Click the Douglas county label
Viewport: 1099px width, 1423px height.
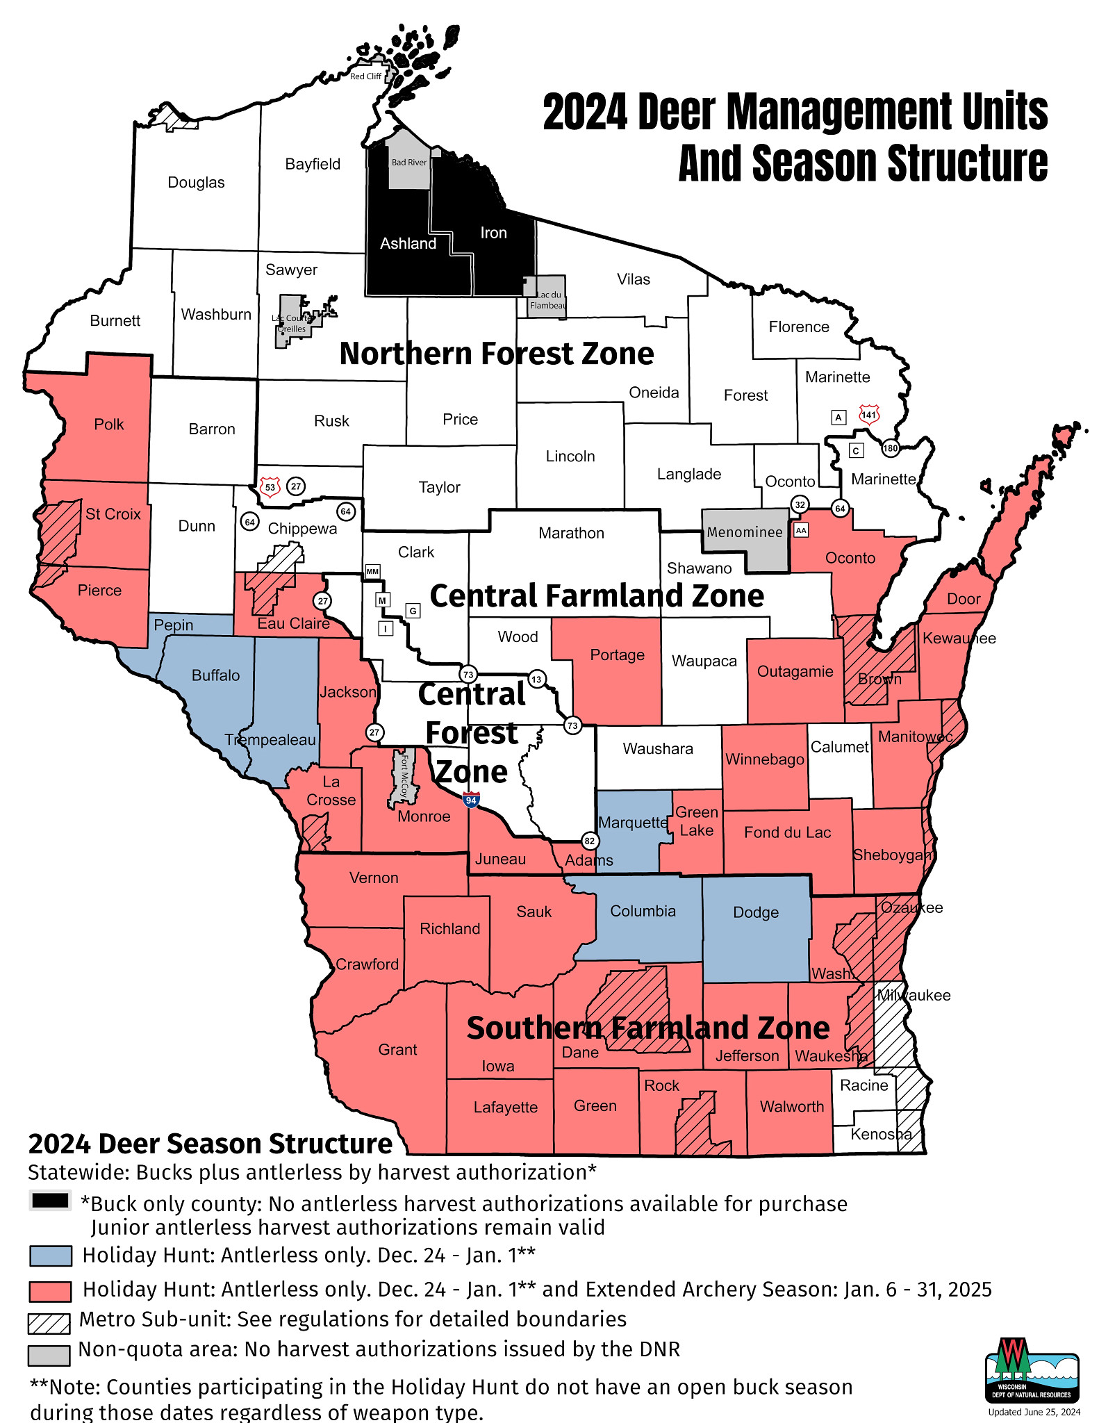(196, 183)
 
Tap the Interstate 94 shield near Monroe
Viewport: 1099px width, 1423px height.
(472, 799)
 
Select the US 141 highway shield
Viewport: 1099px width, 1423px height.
(869, 415)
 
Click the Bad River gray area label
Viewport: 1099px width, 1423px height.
(409, 163)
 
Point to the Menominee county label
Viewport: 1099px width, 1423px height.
(745, 532)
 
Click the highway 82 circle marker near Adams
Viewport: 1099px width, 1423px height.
(589, 841)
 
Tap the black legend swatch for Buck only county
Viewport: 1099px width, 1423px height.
(50, 1200)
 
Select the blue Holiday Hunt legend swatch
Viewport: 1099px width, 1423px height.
(50, 1256)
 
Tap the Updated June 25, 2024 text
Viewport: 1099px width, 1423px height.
(1034, 1412)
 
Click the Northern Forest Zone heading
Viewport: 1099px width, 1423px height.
(496, 354)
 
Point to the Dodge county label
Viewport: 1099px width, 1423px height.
(756, 912)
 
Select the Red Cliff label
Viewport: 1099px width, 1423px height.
(365, 76)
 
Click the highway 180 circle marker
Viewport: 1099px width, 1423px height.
(891, 448)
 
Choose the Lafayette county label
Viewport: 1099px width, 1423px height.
(505, 1108)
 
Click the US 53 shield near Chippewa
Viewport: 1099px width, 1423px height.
(270, 486)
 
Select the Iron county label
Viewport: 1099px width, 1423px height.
(493, 233)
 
